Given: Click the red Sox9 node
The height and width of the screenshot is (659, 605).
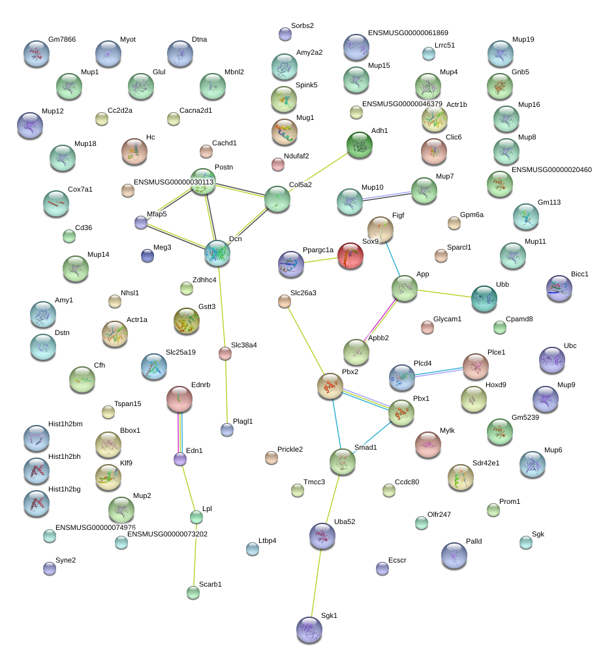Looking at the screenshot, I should [x=350, y=255].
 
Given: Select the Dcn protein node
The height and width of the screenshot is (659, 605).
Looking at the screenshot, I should [x=217, y=253].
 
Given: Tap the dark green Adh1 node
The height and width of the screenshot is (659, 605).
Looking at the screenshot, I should [x=358, y=145].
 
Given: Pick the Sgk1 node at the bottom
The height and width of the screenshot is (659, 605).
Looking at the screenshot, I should [x=309, y=629].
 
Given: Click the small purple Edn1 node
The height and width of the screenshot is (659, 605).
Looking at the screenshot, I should [x=180, y=460].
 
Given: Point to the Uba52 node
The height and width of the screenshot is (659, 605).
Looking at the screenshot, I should [x=322, y=535].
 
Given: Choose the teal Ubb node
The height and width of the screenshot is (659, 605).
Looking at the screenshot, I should [x=484, y=298].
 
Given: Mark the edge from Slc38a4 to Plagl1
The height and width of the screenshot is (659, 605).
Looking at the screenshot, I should [x=226, y=392].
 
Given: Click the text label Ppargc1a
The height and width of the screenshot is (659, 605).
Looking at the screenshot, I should [x=318, y=250].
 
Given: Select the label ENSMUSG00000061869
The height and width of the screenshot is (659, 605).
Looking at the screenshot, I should [x=408, y=33].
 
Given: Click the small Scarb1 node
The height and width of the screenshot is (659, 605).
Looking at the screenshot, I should [x=193, y=593].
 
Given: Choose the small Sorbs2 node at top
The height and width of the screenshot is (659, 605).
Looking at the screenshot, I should [x=285, y=34].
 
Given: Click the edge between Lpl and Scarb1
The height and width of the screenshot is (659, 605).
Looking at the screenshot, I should [x=194, y=555].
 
